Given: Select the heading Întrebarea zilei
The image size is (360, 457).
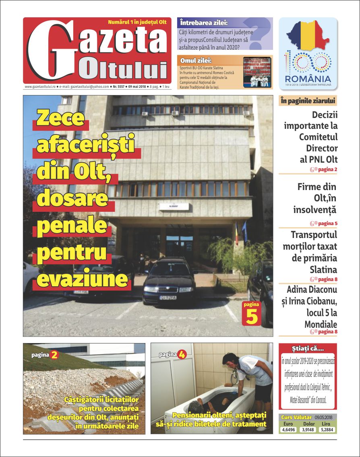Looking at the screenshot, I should point(204,23).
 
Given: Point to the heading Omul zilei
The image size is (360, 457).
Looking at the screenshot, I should point(196,60).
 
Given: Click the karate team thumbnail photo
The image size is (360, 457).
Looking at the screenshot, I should point(257,72).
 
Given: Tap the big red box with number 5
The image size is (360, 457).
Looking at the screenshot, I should point(252,314).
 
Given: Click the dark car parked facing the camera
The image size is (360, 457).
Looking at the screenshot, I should point(169,282).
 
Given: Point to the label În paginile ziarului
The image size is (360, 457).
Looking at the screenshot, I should point(308,101).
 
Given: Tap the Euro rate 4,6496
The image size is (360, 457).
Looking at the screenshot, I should point(288,430).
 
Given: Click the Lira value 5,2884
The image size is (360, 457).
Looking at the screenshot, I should point(327,430).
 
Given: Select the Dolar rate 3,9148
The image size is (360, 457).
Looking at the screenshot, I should point(308,430).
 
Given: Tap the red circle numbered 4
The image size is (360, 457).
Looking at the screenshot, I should point(182,355).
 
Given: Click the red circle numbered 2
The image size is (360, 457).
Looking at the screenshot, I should point(54,355).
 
